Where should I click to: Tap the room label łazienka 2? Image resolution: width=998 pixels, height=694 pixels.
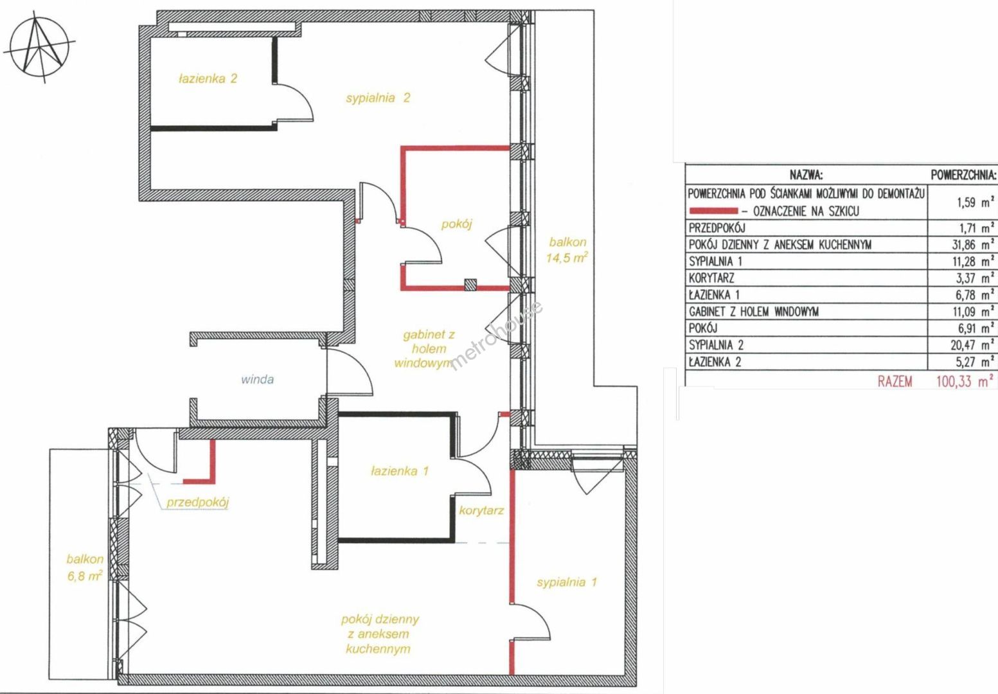(x=208, y=79)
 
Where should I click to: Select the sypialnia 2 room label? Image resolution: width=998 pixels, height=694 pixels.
(x=378, y=98)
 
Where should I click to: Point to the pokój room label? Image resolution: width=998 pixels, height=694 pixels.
(x=457, y=224)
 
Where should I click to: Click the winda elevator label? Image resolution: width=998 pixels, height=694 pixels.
(x=257, y=380)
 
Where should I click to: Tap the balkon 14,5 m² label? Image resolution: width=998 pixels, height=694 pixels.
(x=567, y=250)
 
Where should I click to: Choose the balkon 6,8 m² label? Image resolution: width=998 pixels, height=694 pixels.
(x=85, y=567)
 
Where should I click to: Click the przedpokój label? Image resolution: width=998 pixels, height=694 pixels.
(x=197, y=503)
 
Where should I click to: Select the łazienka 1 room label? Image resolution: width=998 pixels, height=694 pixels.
(x=400, y=471)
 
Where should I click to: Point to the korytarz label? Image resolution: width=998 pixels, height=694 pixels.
(x=481, y=510)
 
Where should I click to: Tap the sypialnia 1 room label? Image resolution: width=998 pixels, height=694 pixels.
(x=566, y=582)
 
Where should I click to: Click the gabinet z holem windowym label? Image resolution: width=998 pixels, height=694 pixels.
(x=424, y=349)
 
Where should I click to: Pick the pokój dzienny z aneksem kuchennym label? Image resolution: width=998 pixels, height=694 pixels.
(x=380, y=634)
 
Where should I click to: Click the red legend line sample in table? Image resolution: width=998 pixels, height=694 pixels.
(x=713, y=211)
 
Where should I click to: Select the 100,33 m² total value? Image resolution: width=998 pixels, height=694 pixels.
(x=965, y=382)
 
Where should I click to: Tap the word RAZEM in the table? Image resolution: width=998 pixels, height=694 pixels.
(x=895, y=382)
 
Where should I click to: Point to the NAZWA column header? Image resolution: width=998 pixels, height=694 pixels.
(x=806, y=175)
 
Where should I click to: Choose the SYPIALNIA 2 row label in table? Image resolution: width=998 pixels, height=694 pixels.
(x=716, y=345)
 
